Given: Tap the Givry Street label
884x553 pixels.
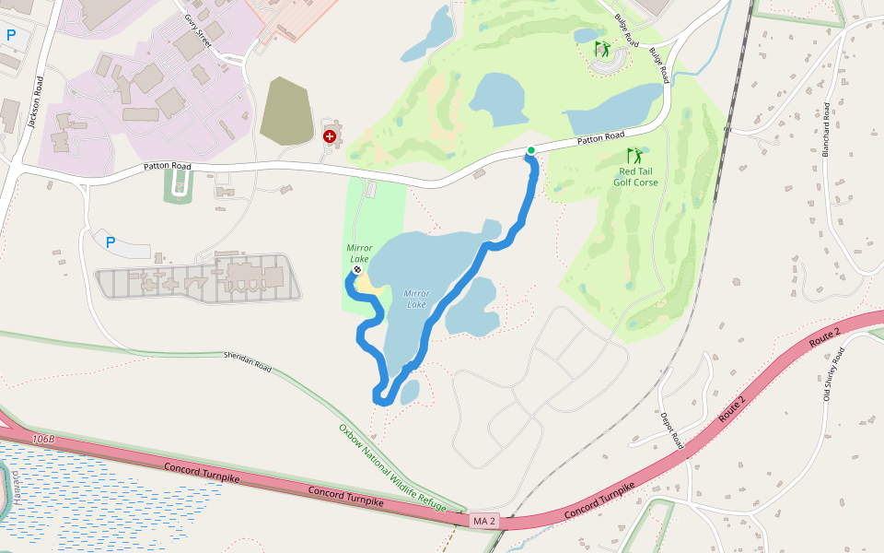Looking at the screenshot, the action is coord(198,30).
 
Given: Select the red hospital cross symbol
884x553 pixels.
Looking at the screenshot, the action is coord(330,135).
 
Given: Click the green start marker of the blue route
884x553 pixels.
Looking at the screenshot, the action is coord(531,150).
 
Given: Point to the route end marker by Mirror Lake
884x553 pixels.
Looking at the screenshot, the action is coord(356,270).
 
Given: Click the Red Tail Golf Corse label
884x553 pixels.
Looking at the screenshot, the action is coord(635,176).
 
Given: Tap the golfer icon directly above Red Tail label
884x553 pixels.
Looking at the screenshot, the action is coord(634,156).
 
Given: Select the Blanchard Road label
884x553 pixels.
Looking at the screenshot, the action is coord(826,127).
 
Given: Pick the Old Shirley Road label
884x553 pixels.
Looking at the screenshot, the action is coord(836,367).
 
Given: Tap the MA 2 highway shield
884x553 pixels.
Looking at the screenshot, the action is coord(483,522).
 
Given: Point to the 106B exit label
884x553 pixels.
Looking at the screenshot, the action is coord(43,440).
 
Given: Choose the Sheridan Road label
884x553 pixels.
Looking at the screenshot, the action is coord(248,360).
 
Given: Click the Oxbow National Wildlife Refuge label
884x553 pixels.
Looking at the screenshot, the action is coord(391,467).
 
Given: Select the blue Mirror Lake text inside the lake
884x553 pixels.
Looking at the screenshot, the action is coord(417,299).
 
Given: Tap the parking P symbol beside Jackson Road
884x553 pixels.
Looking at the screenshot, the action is coord(11,36).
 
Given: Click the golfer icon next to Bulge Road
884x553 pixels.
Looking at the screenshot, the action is coord(602,47).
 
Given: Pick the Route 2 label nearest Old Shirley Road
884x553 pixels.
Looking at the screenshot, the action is coord(824,336).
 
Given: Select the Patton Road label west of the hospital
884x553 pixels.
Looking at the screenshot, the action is coord(167,167).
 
